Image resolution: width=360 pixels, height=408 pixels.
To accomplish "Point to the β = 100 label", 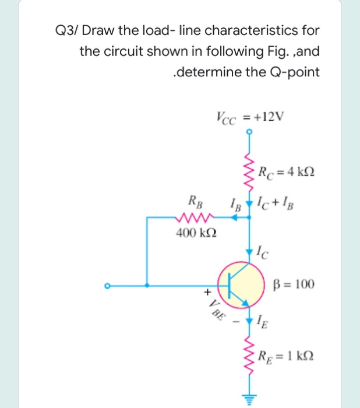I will pos(294,285).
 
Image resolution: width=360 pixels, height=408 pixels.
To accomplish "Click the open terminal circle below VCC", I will pos(250,132).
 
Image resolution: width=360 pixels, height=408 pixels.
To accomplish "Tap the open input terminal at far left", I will pos(107,286).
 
